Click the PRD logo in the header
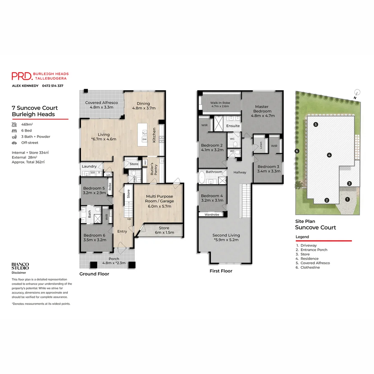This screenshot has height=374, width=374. coord(21,76)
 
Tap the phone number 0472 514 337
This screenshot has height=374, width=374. coord(53,86)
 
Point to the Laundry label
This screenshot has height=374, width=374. coord(89,166)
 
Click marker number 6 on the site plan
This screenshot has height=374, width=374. coord(296,151)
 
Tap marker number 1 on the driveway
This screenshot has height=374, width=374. coord(347,199)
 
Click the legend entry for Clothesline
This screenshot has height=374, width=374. coord(310,267)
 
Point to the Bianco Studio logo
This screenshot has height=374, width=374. coord(20,266)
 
